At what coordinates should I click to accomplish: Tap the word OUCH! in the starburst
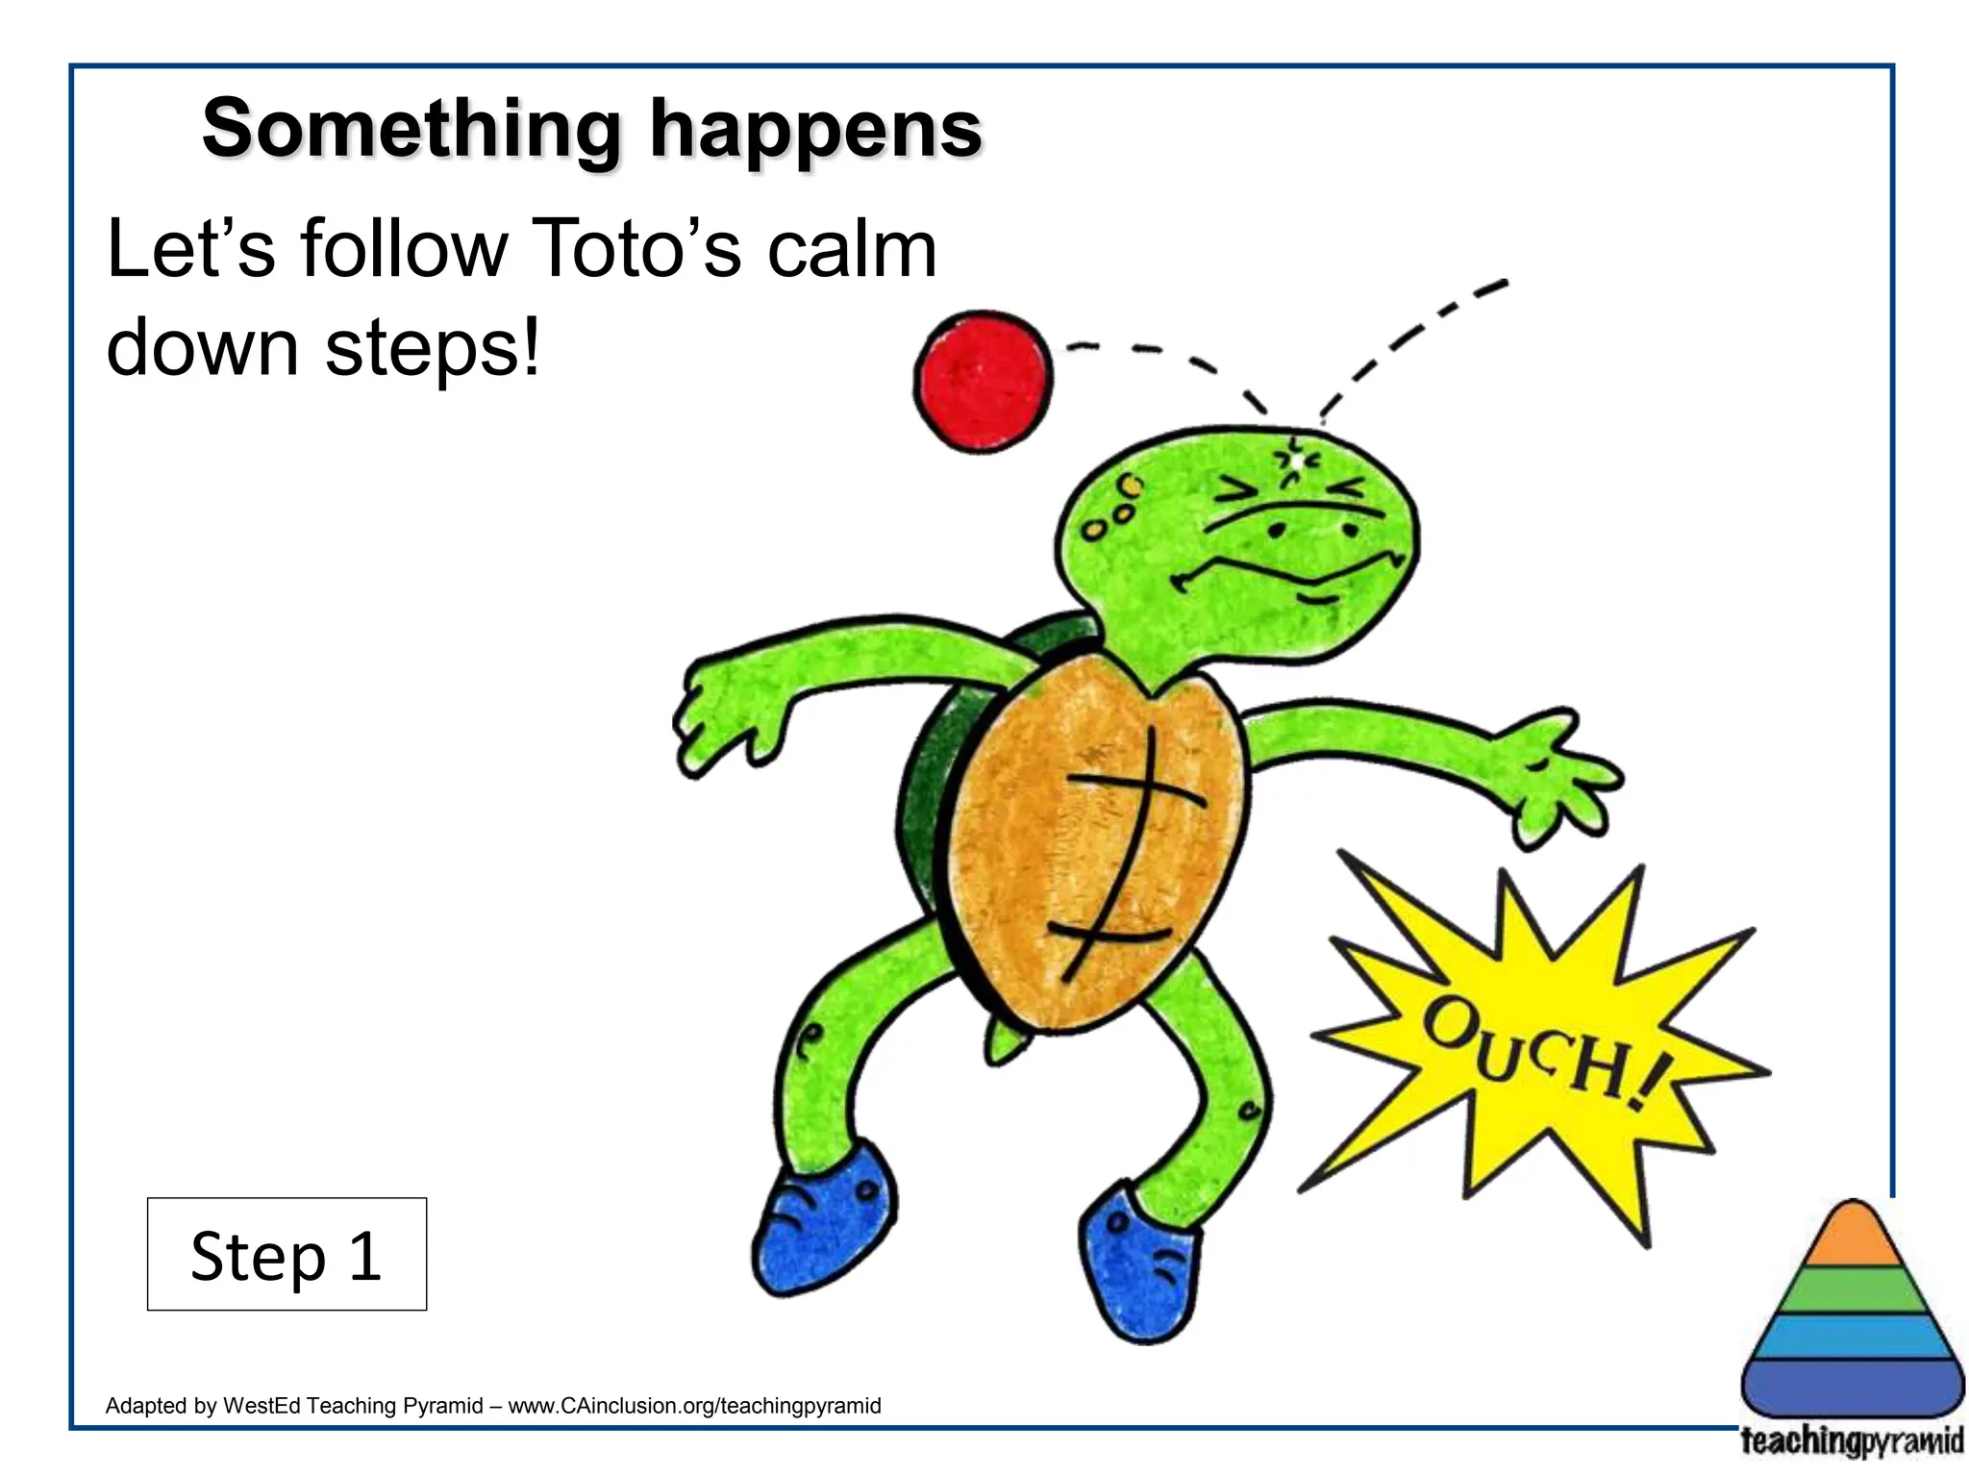pos(1543,1053)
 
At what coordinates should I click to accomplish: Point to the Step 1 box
pos(287,1254)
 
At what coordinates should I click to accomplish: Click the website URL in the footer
pos(694,1406)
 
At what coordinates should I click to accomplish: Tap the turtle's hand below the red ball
pos(716,716)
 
